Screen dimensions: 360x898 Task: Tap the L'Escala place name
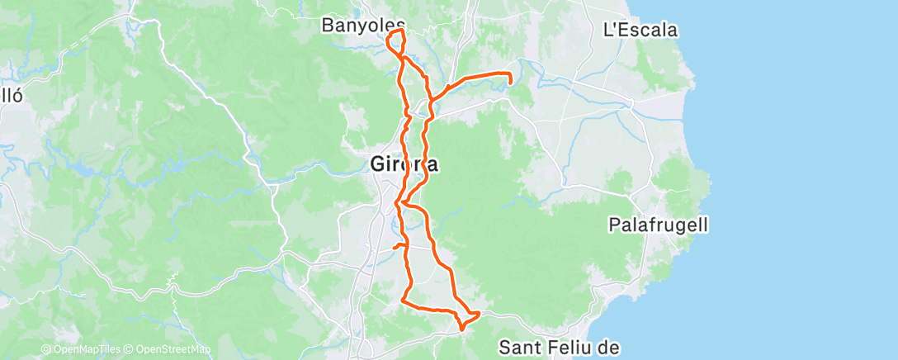(641, 31)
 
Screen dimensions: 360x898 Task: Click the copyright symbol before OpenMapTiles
(45, 350)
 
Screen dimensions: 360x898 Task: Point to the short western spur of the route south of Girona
(396, 246)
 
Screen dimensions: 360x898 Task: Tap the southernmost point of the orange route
(461, 328)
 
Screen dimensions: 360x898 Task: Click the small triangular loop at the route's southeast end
(469, 317)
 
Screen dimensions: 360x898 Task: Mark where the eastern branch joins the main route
(431, 100)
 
